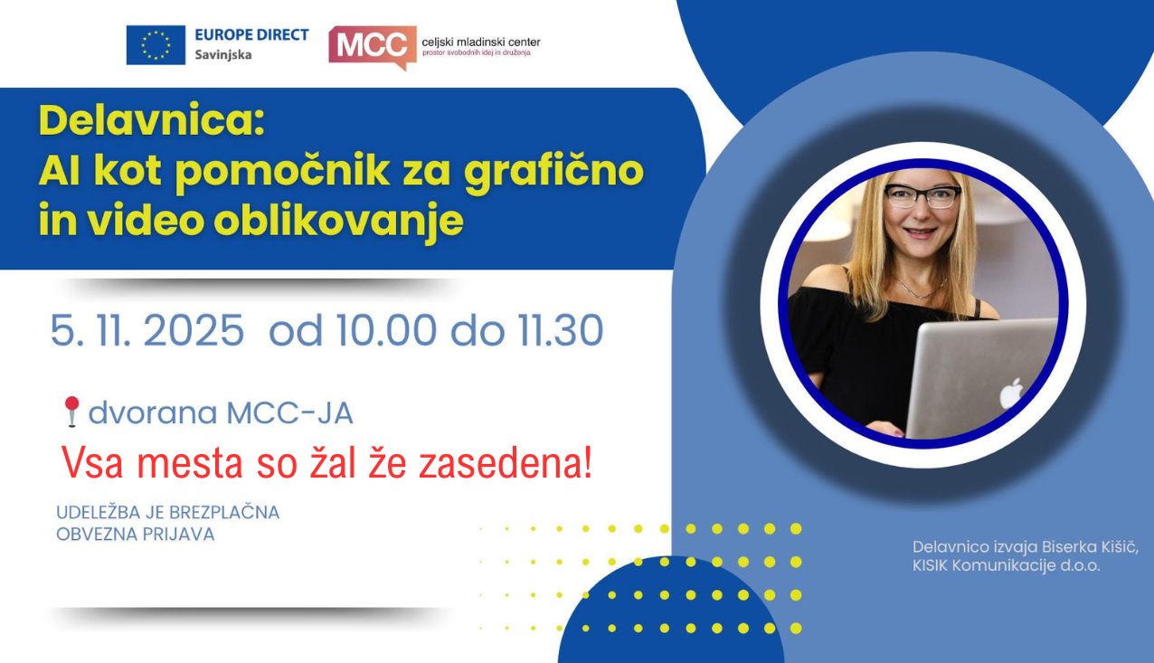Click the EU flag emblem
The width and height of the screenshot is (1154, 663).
[x=156, y=45]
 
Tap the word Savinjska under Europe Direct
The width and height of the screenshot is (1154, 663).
[x=223, y=55]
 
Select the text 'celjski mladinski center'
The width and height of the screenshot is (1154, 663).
[x=480, y=42]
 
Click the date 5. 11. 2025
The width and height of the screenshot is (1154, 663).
[x=147, y=331]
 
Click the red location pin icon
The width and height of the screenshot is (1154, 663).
[x=72, y=412]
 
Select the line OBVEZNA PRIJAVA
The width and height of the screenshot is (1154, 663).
[x=136, y=535]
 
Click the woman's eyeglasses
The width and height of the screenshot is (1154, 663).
[x=922, y=196]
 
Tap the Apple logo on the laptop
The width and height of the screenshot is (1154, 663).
[x=1011, y=393]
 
